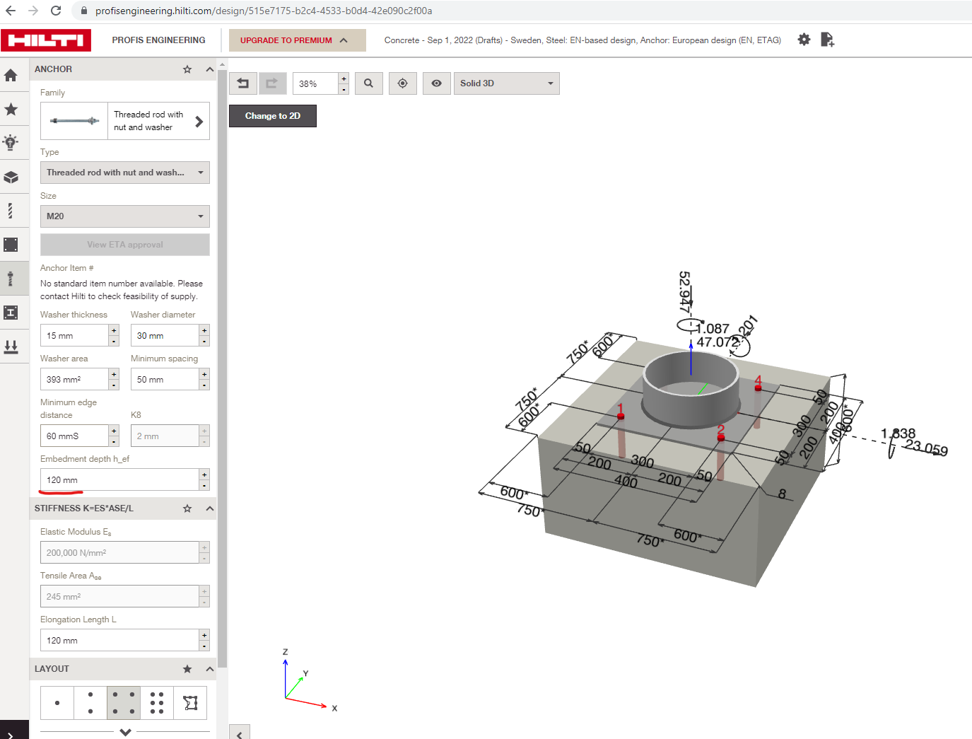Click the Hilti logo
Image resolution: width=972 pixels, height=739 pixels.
46,40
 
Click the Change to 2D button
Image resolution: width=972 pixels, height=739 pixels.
272,116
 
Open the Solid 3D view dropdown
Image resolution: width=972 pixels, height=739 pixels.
506,83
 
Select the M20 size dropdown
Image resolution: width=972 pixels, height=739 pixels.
124,216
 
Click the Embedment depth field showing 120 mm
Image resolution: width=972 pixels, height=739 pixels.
119,480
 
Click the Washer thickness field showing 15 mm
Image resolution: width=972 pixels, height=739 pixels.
74,336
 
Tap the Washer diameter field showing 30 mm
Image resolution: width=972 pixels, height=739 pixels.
164,336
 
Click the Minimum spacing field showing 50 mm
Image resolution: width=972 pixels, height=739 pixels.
164,380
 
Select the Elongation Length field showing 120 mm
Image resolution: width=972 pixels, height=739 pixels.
119,641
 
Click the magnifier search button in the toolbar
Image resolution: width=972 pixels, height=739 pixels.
368,83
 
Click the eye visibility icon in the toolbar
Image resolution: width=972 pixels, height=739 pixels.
437,83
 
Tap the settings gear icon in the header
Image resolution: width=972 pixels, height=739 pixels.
804,40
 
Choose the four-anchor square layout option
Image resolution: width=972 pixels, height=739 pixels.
124,703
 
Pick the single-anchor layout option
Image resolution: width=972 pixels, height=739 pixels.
57,703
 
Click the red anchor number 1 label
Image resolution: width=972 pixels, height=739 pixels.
620,409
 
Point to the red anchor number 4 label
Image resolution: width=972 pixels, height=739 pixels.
758,380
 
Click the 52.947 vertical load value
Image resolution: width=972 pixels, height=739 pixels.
684,291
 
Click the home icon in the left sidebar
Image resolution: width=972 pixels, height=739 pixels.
11,75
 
